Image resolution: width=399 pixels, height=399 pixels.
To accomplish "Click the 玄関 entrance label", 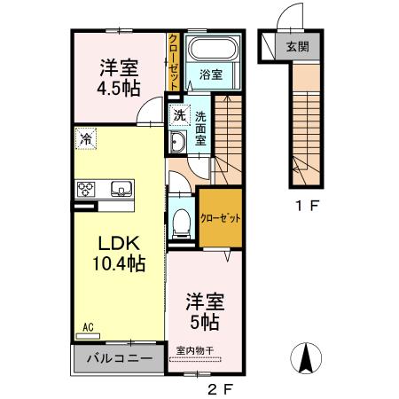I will pos(296,47).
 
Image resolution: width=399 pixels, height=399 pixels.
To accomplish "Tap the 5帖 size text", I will pos(203,320).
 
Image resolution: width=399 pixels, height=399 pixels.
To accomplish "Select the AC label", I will pos(88,326).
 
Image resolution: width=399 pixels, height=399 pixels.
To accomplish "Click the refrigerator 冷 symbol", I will pos(86,137).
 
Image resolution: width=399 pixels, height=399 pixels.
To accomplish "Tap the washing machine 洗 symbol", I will pos(178,114).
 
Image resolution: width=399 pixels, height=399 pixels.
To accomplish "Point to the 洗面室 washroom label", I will pos(200,127).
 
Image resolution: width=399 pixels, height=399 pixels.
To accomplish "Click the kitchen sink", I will pos(120,188).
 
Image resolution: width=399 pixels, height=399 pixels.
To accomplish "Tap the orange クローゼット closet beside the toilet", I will pos(220,218).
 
